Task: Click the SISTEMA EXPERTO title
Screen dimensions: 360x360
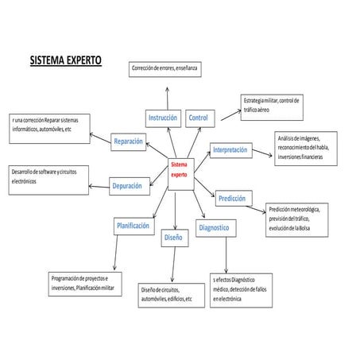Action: [x=65, y=60]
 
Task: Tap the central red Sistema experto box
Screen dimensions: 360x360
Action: [x=179, y=168]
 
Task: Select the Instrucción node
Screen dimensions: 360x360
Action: [x=162, y=118]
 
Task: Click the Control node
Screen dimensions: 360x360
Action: [x=198, y=118]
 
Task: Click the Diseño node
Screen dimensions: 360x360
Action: [x=173, y=237]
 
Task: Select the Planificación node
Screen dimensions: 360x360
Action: [x=133, y=226]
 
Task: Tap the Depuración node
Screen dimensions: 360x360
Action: [x=127, y=185]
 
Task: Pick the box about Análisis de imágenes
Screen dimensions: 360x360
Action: [x=306, y=148]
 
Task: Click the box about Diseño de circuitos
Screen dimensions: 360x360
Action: [x=168, y=293]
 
